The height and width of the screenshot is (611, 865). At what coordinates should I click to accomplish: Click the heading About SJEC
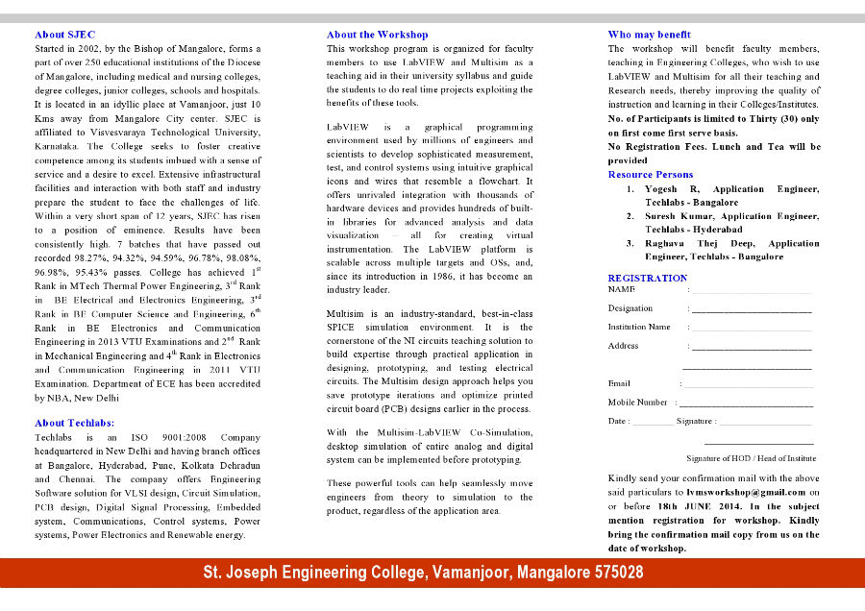(64, 35)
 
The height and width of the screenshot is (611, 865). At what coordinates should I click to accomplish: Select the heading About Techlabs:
(74, 423)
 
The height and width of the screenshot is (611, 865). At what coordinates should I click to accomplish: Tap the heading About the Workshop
(377, 35)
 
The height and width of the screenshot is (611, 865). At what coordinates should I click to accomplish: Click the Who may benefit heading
(649, 35)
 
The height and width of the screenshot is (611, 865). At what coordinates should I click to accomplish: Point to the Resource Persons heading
(650, 175)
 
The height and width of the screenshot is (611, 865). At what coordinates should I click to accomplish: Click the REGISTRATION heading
(647, 279)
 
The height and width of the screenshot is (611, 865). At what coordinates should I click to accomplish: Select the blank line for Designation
(752, 309)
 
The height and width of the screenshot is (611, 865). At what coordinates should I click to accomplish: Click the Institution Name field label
(639, 327)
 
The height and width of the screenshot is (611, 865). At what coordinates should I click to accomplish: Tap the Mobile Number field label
(637, 403)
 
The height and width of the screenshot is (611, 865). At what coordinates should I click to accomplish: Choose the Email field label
(619, 383)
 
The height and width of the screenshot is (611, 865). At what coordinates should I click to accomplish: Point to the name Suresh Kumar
(680, 216)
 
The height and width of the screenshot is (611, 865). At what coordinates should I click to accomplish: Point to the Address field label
(623, 346)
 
